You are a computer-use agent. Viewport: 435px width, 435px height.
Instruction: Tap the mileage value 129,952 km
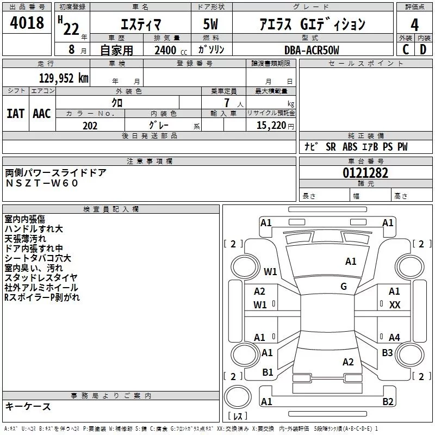[63, 78]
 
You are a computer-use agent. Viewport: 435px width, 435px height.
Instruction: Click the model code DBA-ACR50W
[311, 50]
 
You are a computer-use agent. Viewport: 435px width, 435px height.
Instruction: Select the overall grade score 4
[414, 24]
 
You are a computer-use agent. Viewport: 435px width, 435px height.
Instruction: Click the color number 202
[90, 126]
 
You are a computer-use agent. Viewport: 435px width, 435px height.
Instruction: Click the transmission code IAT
[15, 113]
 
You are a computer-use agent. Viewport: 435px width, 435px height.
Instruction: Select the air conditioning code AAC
[41, 113]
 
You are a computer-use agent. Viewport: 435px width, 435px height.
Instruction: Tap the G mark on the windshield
[344, 287]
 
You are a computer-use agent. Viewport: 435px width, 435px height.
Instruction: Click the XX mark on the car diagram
[395, 305]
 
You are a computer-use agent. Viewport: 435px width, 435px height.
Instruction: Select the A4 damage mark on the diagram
[394, 338]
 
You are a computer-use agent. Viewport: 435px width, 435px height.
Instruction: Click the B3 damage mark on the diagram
[387, 353]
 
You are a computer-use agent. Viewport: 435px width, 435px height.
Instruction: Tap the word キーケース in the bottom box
[28, 406]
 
